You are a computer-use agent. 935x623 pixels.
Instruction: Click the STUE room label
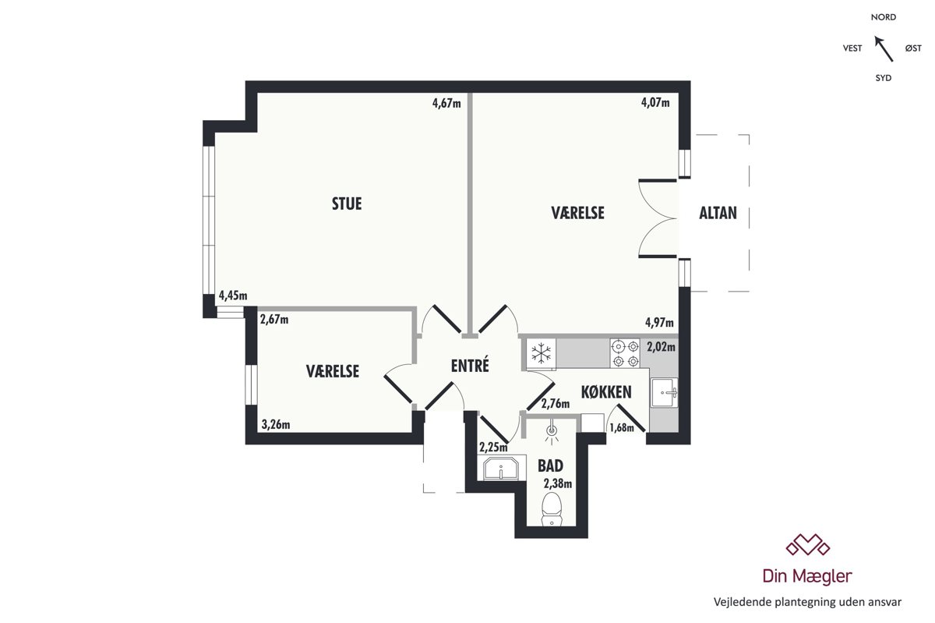pos(347,204)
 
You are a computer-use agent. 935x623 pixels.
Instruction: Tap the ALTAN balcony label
pos(718,213)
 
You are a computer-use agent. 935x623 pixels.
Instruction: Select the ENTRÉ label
pos(470,365)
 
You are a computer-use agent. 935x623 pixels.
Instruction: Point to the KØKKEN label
pos(606,392)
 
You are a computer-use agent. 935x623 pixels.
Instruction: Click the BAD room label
pos(550,465)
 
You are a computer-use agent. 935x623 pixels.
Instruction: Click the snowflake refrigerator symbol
pos(541,353)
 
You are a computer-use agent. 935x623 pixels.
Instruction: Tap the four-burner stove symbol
pos(625,353)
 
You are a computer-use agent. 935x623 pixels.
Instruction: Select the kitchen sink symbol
pos(664,392)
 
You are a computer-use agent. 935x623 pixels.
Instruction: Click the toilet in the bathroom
pos(552,509)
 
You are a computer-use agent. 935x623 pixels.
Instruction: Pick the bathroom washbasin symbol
pos(501,469)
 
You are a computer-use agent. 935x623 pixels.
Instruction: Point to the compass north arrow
pos(884,49)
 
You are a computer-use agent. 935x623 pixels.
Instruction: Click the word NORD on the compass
pos(884,17)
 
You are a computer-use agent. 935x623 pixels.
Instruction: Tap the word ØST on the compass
pos(913,48)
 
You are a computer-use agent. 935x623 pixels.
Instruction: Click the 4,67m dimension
pos(446,103)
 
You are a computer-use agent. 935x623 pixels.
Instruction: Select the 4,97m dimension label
pos(659,322)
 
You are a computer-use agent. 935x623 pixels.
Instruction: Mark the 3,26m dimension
pos(276,424)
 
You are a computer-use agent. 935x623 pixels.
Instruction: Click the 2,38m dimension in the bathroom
pos(558,483)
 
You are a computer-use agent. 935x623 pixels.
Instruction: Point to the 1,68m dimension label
pos(622,427)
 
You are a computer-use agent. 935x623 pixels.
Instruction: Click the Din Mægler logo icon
pos(808,544)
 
